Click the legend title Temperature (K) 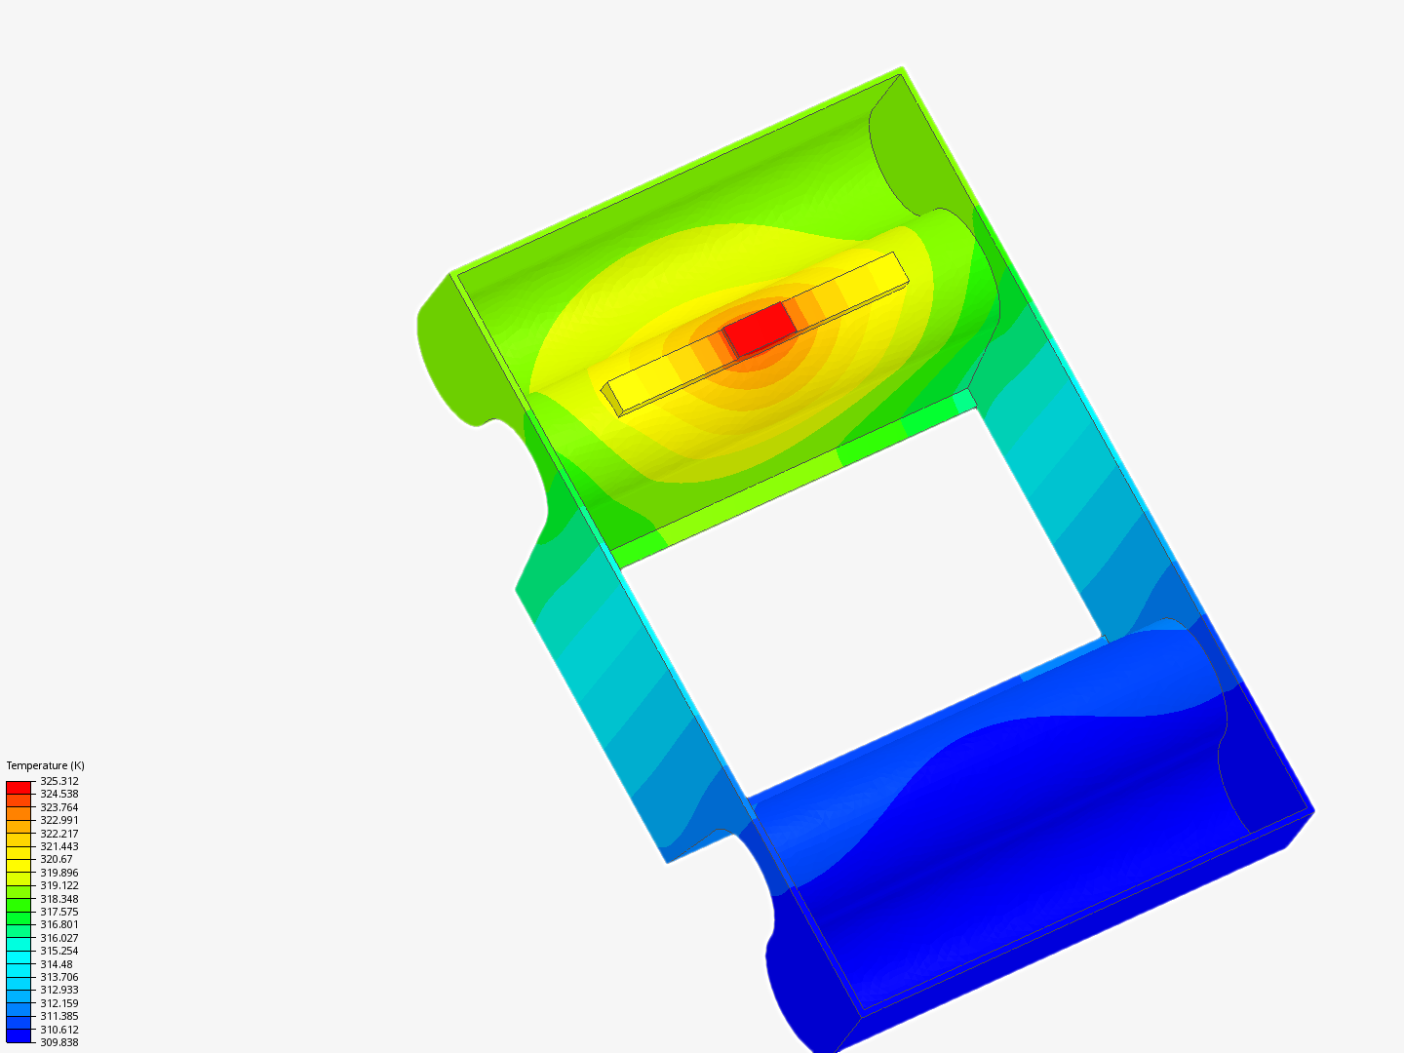click(46, 765)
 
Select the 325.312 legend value click(58, 781)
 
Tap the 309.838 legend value click(58, 1042)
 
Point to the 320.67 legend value click(57, 859)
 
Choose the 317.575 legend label click(58, 912)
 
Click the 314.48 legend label click(57, 964)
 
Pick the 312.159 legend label click(58, 1003)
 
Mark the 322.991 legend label click(58, 820)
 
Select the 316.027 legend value click(58, 938)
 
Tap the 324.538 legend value click(58, 794)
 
